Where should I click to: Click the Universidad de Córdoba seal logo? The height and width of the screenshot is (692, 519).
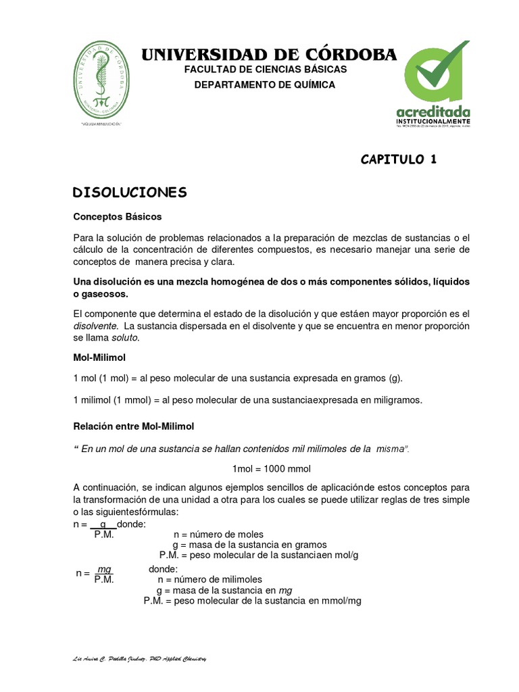103,79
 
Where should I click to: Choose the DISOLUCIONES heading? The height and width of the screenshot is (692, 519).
130,193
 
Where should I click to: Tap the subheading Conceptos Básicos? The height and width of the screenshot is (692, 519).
117,217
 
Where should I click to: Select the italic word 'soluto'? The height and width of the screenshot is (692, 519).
126,337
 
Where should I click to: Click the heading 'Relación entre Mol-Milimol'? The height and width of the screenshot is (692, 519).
133,426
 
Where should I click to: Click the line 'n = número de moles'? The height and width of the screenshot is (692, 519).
218,534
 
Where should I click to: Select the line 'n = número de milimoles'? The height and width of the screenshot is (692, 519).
209,579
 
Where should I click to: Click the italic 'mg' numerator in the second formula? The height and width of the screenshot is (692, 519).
104,570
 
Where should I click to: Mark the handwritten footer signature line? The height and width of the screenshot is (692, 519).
139,659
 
